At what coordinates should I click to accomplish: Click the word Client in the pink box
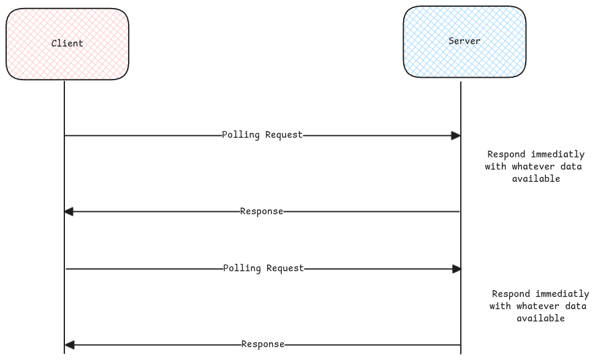click(67, 43)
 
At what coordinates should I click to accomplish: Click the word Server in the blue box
click(464, 41)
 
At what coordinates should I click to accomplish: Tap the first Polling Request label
click(262, 135)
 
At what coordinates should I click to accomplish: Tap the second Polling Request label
click(263, 268)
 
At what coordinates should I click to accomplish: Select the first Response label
click(262, 211)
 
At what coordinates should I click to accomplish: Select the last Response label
click(263, 344)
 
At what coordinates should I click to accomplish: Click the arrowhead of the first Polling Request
click(456, 135)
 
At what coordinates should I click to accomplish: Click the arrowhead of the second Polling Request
click(456, 269)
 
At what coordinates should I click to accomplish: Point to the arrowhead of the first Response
click(69, 212)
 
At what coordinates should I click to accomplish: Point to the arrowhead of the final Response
click(69, 345)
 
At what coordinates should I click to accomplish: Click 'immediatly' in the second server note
click(562, 294)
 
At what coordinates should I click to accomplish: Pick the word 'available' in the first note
click(536, 179)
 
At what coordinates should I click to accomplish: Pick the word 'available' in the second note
click(540, 318)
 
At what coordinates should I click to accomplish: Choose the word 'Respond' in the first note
click(507, 154)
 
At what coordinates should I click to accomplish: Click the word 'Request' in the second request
click(285, 268)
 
